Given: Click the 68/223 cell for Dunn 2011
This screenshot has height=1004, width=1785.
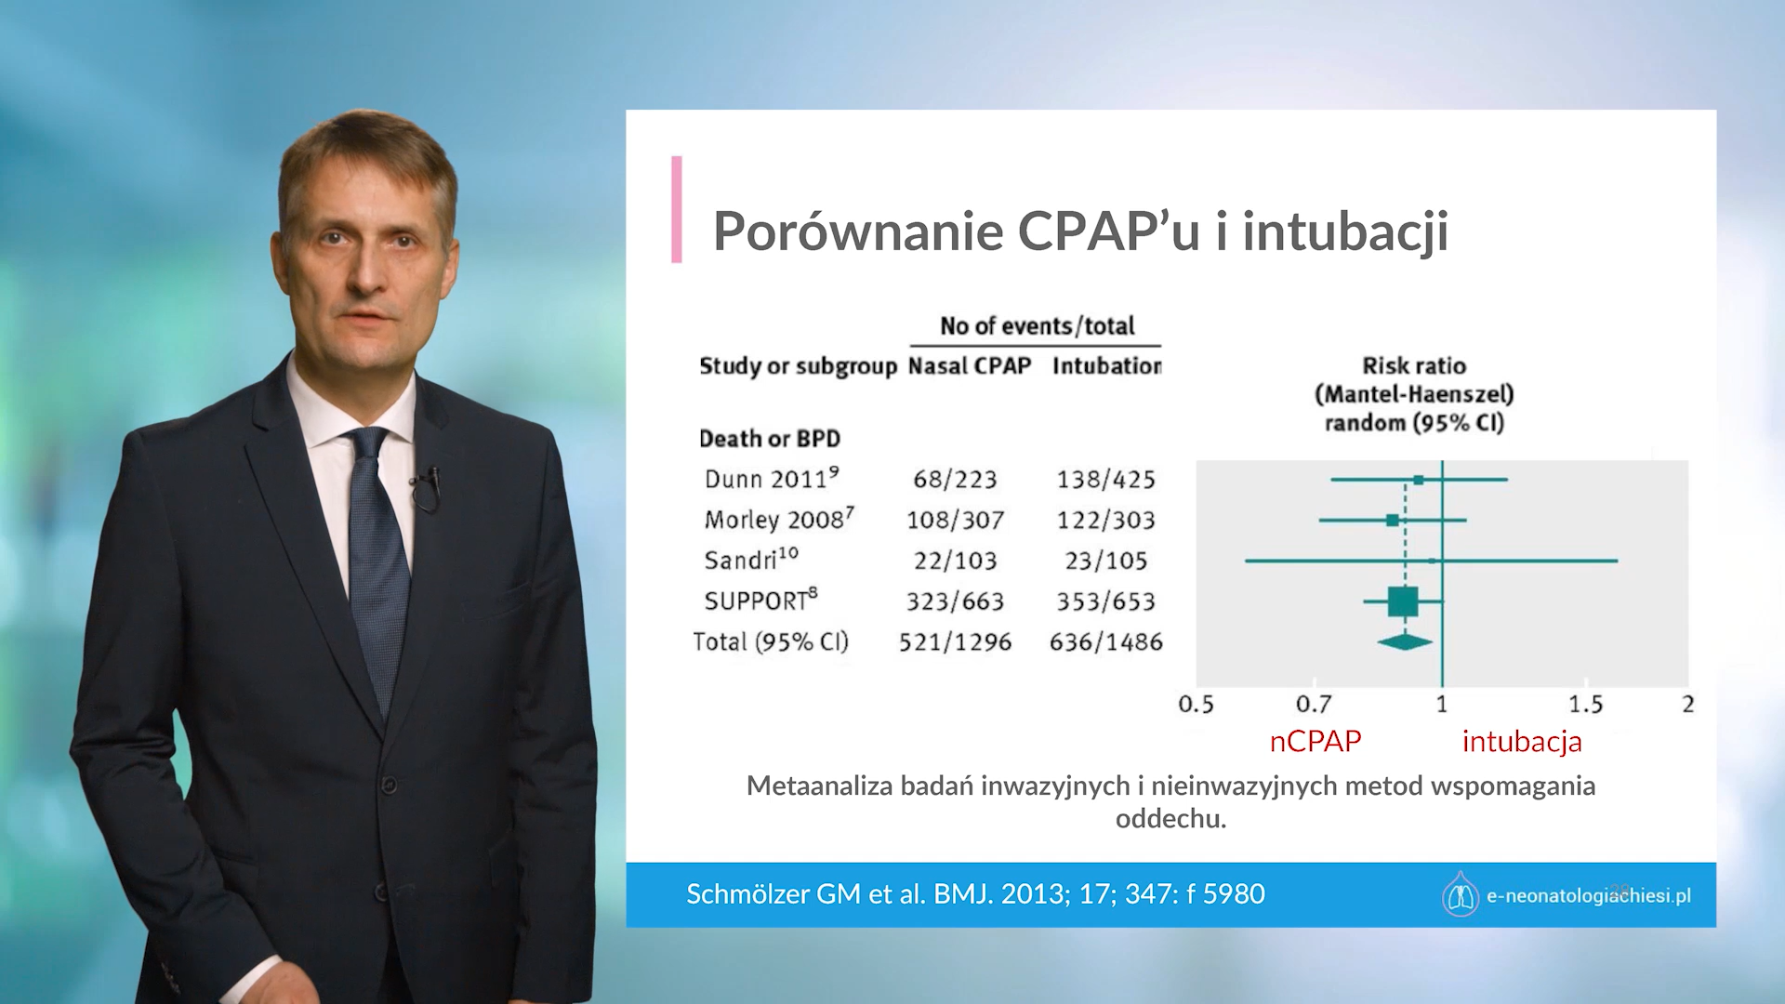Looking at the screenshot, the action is (955, 480).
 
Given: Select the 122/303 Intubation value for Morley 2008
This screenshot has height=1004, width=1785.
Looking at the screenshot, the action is (1105, 521).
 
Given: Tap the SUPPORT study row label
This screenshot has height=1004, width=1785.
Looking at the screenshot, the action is (760, 601).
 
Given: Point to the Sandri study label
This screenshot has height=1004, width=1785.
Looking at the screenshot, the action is (751, 560).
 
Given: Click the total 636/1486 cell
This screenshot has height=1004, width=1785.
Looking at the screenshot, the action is (1105, 642).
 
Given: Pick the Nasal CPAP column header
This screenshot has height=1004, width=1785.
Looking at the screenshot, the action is (970, 366).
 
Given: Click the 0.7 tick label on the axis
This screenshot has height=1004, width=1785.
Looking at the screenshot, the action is (1314, 705).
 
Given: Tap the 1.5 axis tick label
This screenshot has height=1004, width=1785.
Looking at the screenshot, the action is (1586, 705).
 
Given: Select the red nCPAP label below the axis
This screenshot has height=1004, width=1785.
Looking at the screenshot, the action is (1316, 741).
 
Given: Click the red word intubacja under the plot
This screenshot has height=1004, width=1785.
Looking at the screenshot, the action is (1522, 742).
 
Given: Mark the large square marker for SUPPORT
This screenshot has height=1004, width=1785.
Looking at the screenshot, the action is (1403, 601).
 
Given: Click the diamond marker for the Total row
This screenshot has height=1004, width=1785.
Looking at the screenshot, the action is (1405, 641).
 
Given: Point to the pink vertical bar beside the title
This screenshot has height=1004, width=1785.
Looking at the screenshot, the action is (677, 209).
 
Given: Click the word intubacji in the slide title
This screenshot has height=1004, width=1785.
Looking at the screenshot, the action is (1345, 231).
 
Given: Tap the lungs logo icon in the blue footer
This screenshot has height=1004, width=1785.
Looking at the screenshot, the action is (1461, 894).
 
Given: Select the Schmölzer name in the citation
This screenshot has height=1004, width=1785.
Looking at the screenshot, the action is (747, 894).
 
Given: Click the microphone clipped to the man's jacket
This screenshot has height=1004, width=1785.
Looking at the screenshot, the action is (428, 486).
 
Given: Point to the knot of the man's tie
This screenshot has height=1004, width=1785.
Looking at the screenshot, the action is (369, 444).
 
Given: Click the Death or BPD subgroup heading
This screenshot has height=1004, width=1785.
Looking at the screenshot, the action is (770, 439).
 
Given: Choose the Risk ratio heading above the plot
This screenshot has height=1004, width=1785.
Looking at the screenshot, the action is (1414, 366).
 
